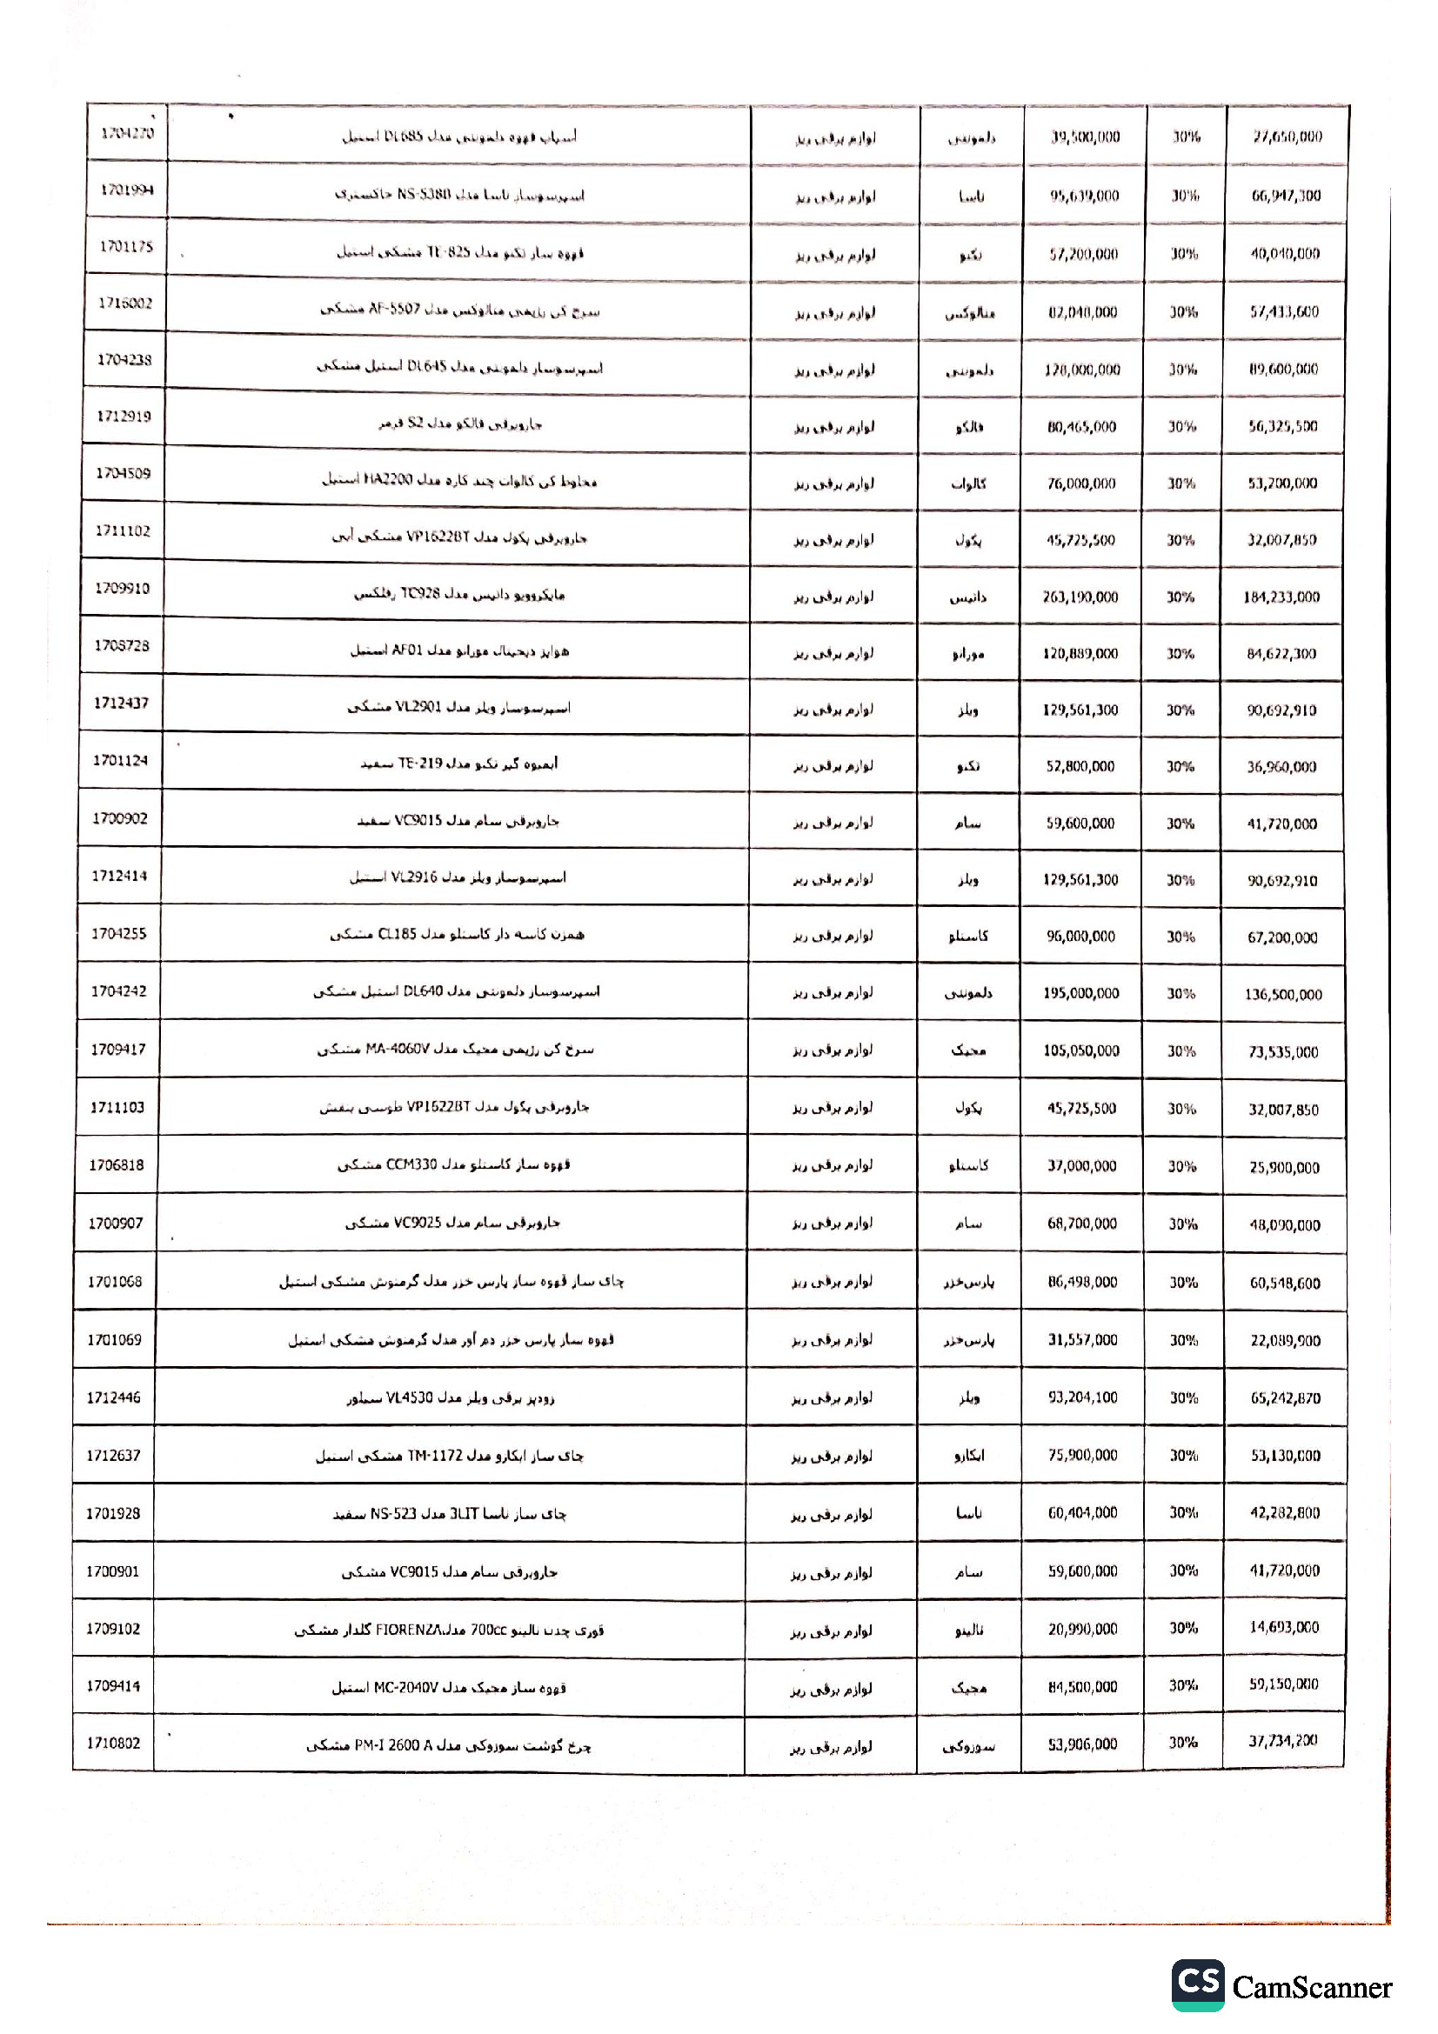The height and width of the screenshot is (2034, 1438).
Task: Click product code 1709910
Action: pos(123,588)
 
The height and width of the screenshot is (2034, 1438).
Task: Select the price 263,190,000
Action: pos(1080,597)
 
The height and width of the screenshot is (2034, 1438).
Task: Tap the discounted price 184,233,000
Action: pos(1281,597)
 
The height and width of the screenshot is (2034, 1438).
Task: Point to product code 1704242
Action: pos(118,991)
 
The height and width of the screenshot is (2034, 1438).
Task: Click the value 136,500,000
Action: pos(1283,994)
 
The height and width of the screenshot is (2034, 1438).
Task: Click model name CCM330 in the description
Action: pos(411,1165)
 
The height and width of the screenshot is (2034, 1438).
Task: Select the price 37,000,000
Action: pos(1082,1166)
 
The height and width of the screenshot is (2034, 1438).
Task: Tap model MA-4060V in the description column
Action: pos(397,1050)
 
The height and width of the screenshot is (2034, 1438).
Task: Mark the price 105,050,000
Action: pos(1081,1050)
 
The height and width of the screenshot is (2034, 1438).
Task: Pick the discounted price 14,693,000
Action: pos(1284,1627)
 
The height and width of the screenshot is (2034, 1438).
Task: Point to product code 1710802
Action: pos(113,1743)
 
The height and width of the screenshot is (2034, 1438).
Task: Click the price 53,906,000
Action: pos(1083,1744)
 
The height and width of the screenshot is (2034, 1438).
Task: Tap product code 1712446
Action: pos(114,1397)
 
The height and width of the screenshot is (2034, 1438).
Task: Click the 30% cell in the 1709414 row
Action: pos(1184,1685)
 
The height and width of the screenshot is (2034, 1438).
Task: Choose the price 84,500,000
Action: pos(1083,1686)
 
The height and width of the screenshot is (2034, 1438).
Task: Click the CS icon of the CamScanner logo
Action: pos(1198,1984)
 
